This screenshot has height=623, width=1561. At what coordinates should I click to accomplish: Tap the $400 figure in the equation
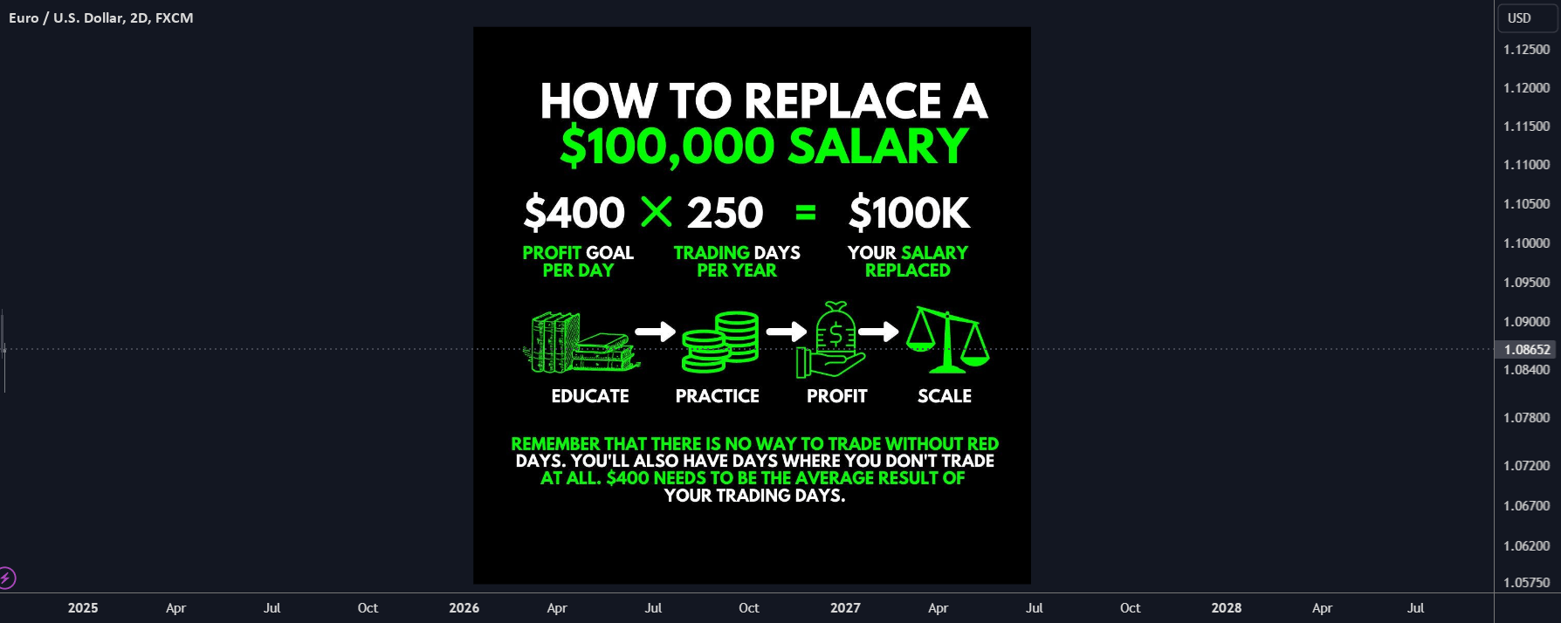tap(574, 213)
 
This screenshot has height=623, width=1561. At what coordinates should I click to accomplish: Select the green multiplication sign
tap(657, 212)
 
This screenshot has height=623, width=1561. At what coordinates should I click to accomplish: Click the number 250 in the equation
tap(725, 213)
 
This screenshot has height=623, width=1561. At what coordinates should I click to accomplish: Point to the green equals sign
tap(806, 212)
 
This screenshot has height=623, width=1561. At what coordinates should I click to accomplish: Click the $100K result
tap(909, 213)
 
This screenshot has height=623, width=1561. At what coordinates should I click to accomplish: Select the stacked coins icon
tap(720, 341)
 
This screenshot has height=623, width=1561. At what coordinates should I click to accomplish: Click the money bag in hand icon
tap(831, 340)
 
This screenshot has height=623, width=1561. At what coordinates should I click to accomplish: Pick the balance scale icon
tap(946, 339)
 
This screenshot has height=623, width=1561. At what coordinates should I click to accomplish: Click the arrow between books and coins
tap(655, 332)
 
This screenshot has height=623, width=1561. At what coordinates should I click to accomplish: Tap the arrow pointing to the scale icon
tap(878, 332)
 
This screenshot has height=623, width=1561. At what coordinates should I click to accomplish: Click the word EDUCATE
tap(590, 396)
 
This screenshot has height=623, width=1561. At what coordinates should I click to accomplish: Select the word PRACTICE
tap(717, 396)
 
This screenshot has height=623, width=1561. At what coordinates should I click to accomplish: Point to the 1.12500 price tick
tap(1526, 50)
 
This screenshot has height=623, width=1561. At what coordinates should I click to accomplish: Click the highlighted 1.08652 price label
tap(1526, 350)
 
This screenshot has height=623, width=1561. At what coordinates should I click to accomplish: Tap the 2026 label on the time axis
tap(464, 608)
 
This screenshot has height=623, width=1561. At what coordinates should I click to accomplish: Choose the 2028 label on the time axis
tap(1226, 608)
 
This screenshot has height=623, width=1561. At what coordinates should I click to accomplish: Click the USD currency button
tap(1519, 18)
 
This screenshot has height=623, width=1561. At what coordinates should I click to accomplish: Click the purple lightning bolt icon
tap(7, 578)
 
